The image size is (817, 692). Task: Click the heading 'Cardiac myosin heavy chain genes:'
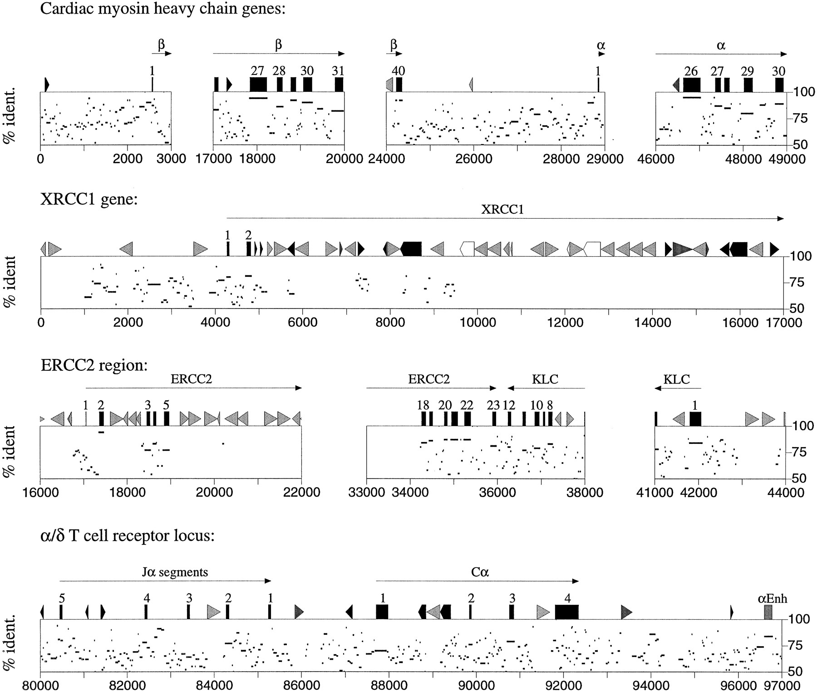163,9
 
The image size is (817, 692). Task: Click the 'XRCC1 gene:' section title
89,199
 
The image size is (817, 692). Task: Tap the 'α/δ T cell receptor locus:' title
128,536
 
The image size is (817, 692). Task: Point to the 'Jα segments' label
174,572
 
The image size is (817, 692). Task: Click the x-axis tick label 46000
656,159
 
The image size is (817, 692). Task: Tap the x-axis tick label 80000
40,685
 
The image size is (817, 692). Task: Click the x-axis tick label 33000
366,492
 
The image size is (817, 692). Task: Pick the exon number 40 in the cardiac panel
399,71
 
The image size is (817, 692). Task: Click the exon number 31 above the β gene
338,71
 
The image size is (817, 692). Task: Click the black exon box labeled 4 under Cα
567,612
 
